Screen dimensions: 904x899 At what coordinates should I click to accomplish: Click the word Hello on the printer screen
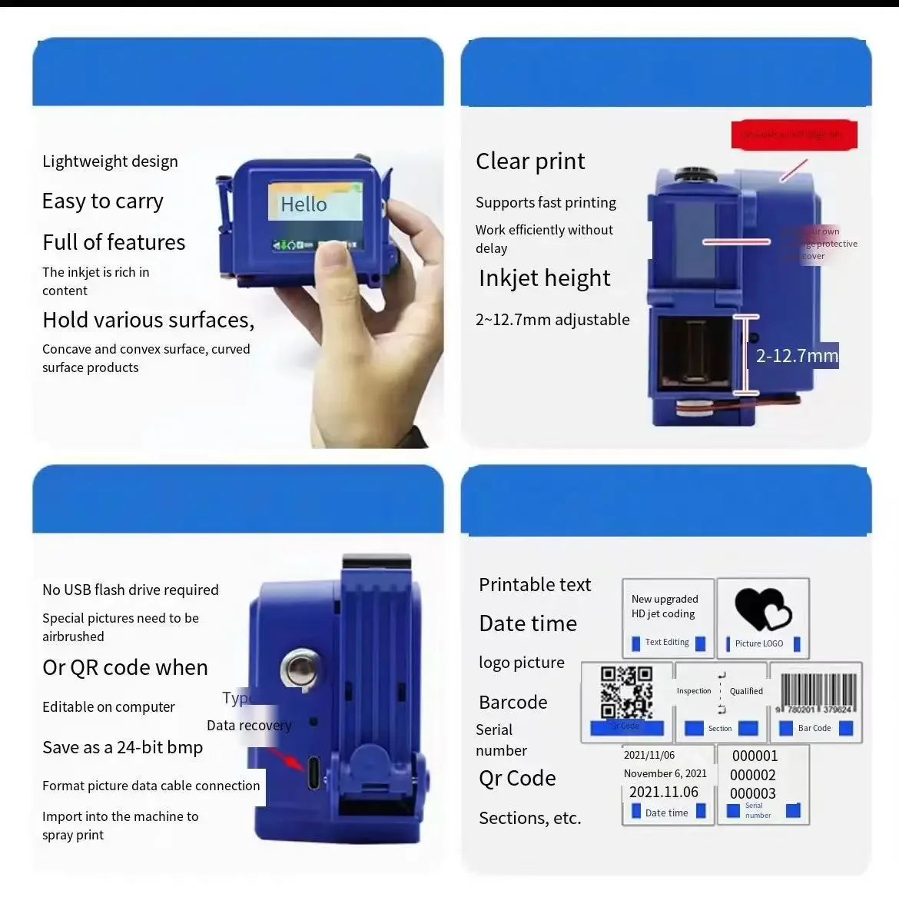point(304,204)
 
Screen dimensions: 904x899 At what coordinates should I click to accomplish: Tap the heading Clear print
point(530,161)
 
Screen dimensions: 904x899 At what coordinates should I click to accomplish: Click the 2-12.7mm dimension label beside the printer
point(797,356)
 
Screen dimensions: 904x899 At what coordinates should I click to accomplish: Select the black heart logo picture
point(762,609)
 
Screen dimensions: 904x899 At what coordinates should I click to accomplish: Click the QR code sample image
point(626,692)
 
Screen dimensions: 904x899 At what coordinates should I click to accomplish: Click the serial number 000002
point(753,775)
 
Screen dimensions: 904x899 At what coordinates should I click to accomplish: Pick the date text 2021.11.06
point(664,792)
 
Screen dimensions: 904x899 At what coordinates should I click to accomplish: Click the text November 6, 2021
point(665,773)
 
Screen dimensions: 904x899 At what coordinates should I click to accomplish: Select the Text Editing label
point(667,642)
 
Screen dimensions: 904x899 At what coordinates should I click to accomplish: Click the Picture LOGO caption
point(759,643)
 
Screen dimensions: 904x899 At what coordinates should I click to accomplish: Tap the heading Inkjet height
point(545,278)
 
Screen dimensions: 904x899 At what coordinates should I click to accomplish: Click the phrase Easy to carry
point(103,201)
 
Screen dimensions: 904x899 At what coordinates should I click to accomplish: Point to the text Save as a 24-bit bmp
point(123,747)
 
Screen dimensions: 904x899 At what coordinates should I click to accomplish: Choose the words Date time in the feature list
point(528,623)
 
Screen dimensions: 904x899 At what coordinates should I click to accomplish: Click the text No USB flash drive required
point(131,590)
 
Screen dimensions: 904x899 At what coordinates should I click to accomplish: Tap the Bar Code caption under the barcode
point(814,728)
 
